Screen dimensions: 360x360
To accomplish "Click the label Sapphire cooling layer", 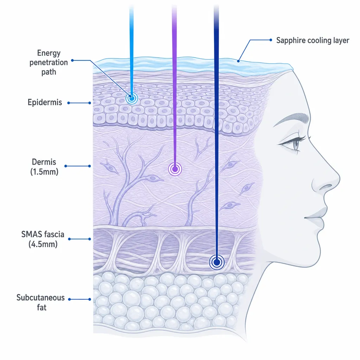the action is tap(313, 40).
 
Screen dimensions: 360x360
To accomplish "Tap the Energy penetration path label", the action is tap(49, 63).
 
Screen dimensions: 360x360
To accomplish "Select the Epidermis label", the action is tap(45, 102).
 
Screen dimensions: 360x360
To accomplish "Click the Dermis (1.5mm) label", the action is tap(44, 167).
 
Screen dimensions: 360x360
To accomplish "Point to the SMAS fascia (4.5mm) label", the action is tap(43, 239).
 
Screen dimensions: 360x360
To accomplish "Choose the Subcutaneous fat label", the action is tap(41, 302).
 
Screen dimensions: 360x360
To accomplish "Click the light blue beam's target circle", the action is tap(132, 98).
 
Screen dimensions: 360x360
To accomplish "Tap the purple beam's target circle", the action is tap(175, 169).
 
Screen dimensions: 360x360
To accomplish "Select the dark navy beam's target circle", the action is tap(217, 262).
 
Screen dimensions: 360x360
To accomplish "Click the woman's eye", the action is tap(295, 144).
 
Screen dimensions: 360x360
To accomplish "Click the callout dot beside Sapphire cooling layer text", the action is tap(271, 40).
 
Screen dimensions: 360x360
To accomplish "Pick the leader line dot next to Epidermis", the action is tap(69, 103).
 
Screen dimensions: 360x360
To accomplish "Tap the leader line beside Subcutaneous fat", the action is tap(79, 299).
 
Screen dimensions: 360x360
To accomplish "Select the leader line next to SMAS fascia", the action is tap(79, 239).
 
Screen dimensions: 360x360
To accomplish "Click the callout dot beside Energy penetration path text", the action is tap(72, 60).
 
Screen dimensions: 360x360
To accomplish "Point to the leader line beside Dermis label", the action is tap(78, 166).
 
